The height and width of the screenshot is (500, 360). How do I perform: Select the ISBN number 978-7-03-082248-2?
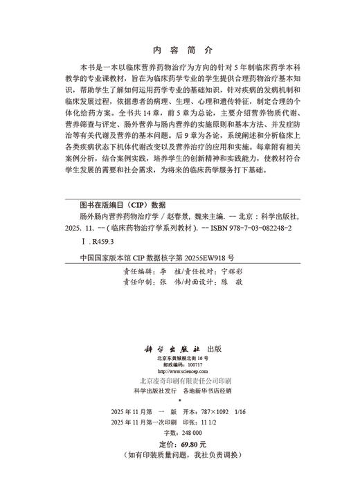(x=253, y=227)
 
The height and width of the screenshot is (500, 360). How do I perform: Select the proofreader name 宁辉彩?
(x=233, y=271)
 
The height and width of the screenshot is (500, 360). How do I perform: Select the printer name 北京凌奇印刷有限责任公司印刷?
(x=180, y=362)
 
